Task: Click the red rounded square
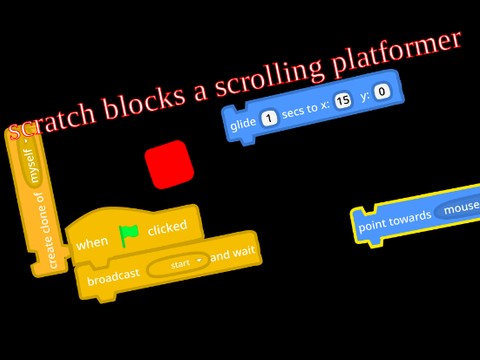[169, 165]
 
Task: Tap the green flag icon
[128, 235]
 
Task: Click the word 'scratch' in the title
[51, 121]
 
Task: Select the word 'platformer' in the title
[400, 54]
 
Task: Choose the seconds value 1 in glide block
[269, 118]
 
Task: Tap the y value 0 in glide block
[383, 93]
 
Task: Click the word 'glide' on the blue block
[243, 124]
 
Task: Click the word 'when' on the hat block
[92, 243]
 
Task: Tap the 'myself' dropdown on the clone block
[29, 159]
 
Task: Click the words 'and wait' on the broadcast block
[233, 254]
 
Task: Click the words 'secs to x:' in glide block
[305, 110]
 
